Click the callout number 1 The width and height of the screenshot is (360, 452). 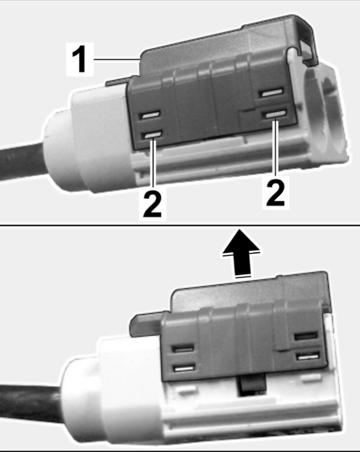(79, 60)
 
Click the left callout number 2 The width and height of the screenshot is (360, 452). (153, 204)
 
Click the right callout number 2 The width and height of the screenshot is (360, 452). (275, 192)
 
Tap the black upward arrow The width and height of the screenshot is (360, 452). (241, 254)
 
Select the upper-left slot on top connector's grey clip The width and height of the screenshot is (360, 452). (150, 115)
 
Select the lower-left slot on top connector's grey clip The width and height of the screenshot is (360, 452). (153, 135)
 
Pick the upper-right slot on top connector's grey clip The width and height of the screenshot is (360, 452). (271, 93)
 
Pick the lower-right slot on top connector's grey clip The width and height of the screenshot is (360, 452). (276, 113)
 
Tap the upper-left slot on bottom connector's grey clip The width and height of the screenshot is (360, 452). (183, 349)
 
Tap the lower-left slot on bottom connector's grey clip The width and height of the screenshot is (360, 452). (185, 368)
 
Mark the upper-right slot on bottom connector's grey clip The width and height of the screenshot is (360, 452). (306, 336)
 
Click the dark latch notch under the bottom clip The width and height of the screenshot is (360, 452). (251, 385)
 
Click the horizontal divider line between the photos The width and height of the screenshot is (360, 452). (180, 225)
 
